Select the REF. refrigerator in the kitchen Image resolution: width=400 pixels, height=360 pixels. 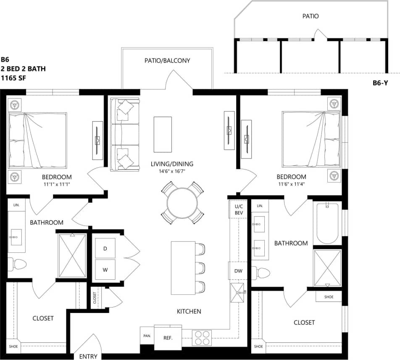[x=168, y=337]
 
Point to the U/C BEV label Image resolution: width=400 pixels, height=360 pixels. [x=238, y=210]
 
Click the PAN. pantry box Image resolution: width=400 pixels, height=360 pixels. [x=147, y=336]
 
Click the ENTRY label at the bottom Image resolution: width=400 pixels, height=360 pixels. [x=88, y=356]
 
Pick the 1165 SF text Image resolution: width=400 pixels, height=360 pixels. [x=13, y=78]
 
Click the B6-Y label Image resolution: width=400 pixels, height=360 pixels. [x=379, y=83]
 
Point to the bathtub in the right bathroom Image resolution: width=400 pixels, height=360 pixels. [x=327, y=223]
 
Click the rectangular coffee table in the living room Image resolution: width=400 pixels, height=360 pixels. [x=163, y=134]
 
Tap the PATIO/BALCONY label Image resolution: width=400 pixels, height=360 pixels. [x=167, y=61]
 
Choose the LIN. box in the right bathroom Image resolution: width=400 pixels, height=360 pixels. [x=260, y=206]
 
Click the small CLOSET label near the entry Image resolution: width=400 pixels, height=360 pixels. [x=95, y=298]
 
